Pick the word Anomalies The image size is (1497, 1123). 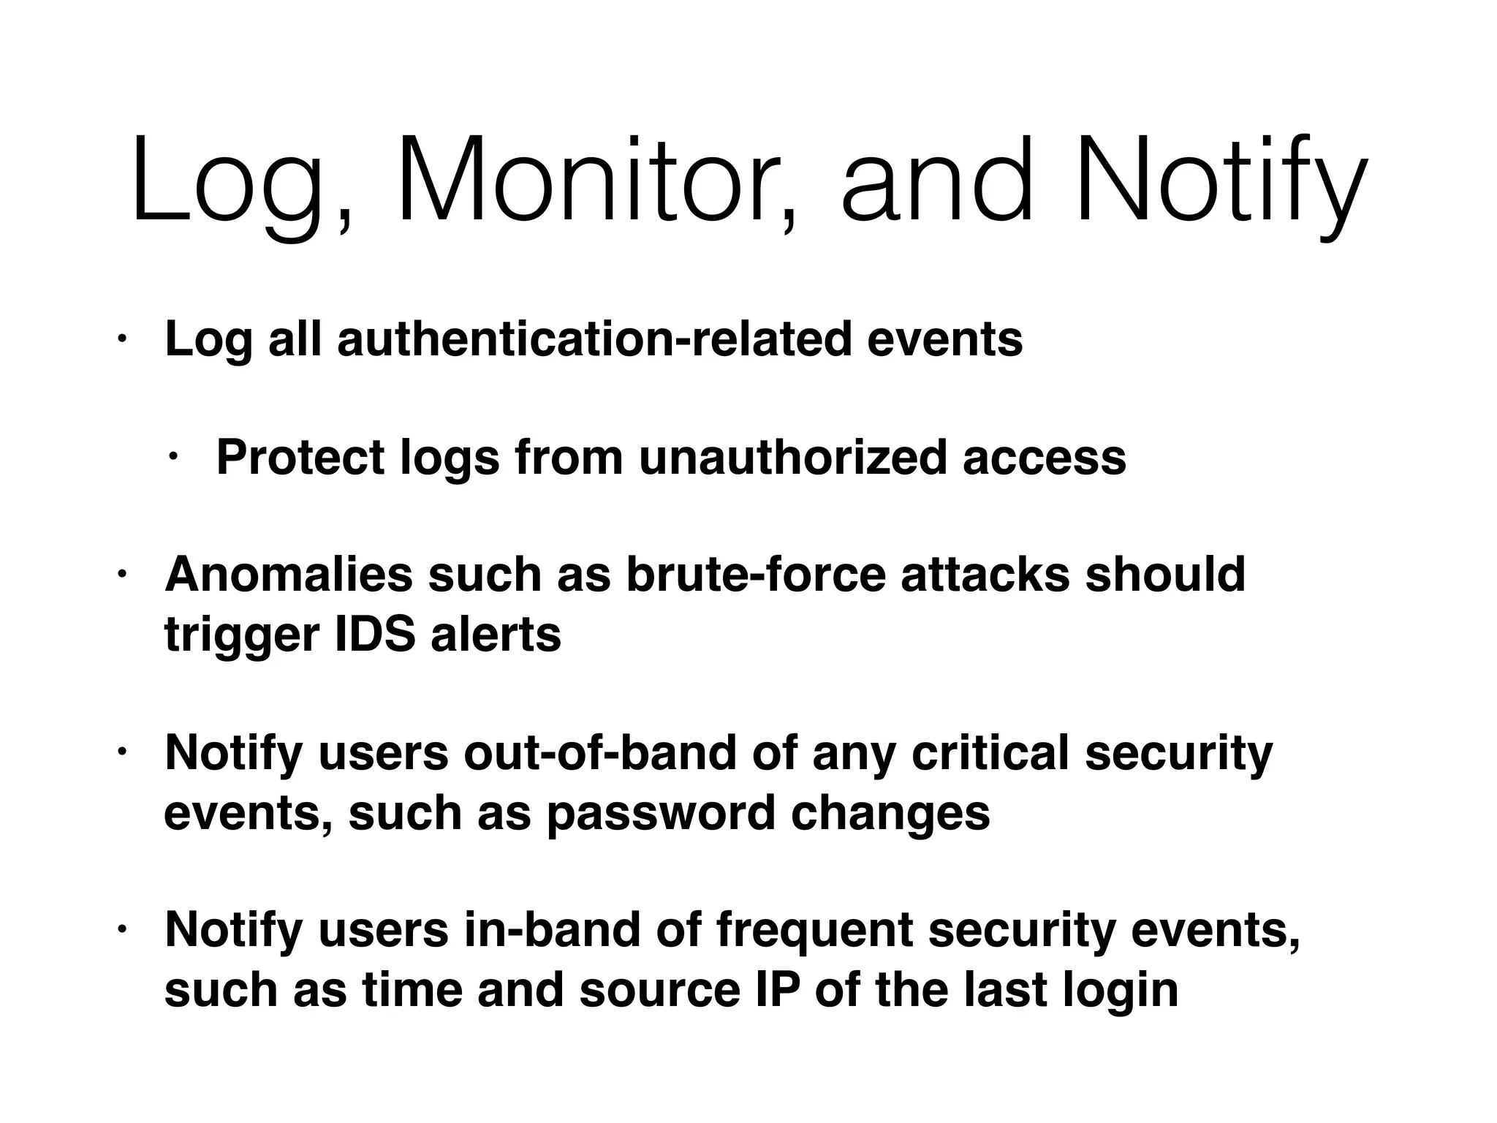tap(289, 575)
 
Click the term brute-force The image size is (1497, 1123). tap(756, 575)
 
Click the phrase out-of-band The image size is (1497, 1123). tap(599, 753)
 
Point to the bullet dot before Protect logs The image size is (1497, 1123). tap(173, 458)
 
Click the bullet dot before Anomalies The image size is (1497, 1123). tap(122, 575)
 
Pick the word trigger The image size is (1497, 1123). tap(241, 635)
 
